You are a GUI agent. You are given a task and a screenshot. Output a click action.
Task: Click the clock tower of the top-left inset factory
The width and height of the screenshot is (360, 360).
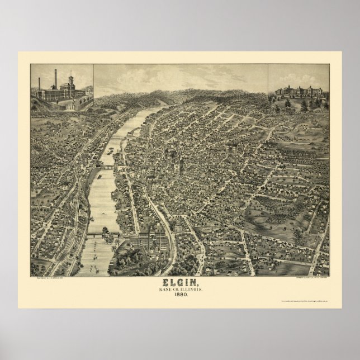pos(70,80)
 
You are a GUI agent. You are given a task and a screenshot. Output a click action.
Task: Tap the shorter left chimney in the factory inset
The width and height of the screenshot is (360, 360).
pos(39,84)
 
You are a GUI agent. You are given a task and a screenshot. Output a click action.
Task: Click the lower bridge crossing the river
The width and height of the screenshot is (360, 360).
pos(103,234)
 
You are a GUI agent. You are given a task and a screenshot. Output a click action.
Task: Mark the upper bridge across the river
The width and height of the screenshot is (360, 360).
pos(106,166)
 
